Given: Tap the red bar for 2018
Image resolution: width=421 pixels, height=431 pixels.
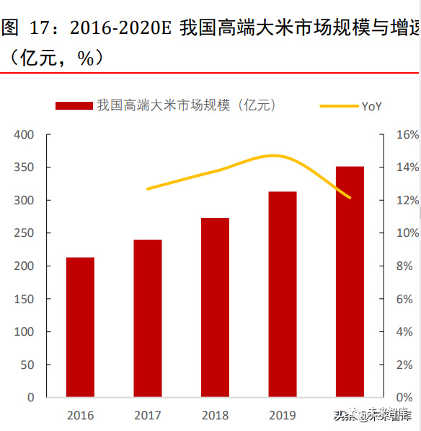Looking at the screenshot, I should tap(215, 308).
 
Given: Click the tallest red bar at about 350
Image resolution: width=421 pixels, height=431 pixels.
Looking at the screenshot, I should tap(350, 282).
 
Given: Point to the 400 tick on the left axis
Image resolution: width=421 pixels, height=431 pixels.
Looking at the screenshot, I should tap(24, 134).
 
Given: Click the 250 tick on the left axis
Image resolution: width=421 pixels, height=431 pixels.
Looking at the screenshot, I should tap(24, 233).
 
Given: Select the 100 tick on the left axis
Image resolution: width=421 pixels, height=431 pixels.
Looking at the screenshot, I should tap(24, 332).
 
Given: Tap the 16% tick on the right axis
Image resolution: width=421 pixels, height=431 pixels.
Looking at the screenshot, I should tap(407, 134).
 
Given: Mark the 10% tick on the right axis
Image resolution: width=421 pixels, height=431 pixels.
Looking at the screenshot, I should tap(407, 233).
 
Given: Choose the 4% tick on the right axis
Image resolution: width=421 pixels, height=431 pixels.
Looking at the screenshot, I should tap(407, 332).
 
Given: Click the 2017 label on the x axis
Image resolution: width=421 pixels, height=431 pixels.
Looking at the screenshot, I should tap(147, 416).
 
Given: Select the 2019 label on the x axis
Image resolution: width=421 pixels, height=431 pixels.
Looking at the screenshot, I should tap(282, 416).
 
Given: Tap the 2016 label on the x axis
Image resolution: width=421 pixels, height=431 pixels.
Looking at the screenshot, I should tap(80, 416).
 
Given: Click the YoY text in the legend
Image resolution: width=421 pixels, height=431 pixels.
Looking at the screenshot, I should tap(371, 106).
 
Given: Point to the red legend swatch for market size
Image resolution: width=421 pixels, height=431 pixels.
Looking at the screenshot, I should tap(74, 106).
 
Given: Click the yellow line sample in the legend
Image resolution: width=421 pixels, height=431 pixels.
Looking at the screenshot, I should tap(339, 106).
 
